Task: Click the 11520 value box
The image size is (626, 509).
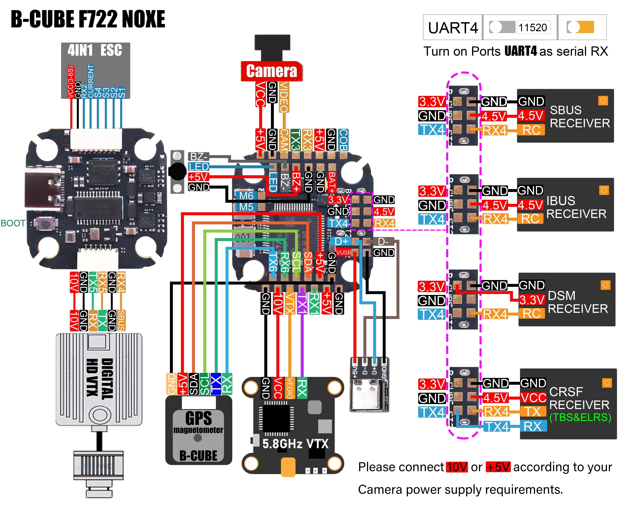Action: pos(533,28)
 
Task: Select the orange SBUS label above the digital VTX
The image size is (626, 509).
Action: pos(121,320)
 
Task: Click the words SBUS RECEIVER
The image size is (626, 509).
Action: pos(579,117)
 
